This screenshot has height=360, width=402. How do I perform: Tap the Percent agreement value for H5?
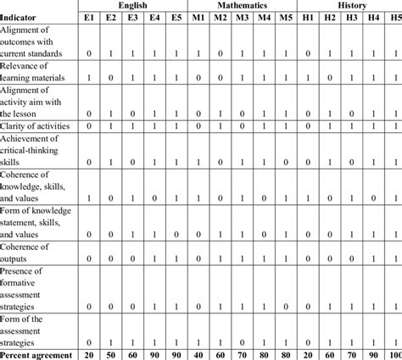pos(393,353)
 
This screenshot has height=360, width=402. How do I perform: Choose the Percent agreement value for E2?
pos(109,353)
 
